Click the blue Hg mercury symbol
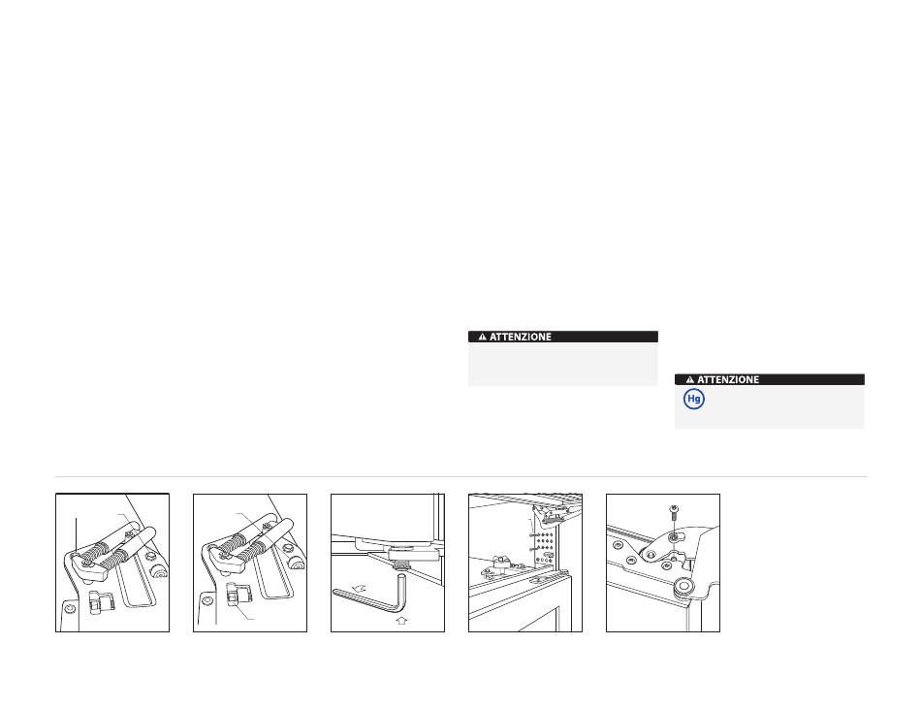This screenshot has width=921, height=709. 694,399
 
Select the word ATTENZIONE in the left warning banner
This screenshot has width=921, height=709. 521,337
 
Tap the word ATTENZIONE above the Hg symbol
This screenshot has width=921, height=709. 728,379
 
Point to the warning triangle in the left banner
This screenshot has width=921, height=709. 482,337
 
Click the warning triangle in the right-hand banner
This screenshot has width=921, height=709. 689,379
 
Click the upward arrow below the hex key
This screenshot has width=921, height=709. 401,620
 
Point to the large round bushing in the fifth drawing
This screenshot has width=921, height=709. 683,585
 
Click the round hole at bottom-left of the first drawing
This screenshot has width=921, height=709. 69,607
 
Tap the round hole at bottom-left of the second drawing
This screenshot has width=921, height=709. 207,600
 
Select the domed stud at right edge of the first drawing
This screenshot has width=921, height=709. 159,570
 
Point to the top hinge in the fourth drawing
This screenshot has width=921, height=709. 551,518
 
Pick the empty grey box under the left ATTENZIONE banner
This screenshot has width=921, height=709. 562,364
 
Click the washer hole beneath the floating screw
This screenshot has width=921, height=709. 675,536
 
